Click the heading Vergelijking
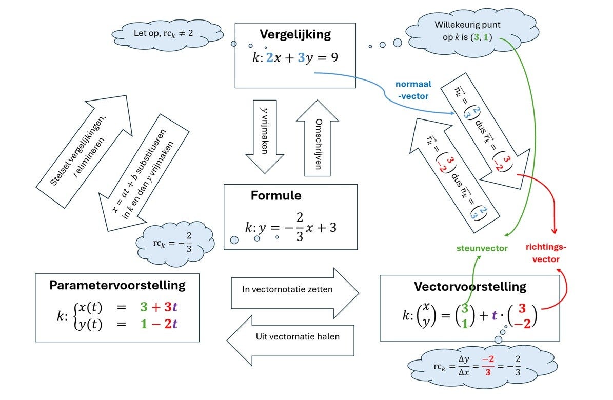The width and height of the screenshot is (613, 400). (x=295, y=35)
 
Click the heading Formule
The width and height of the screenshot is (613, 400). (x=276, y=196)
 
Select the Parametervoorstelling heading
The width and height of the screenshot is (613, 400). (x=117, y=285)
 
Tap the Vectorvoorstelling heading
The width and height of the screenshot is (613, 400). (x=470, y=286)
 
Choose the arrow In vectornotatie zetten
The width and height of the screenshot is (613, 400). (x=295, y=290)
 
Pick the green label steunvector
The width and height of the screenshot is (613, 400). (x=482, y=248)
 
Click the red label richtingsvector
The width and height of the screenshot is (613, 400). (x=546, y=253)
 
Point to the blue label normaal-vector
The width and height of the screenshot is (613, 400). (x=413, y=89)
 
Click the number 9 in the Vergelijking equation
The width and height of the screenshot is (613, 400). (x=334, y=58)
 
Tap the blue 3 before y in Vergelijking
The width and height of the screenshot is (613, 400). (x=301, y=58)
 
